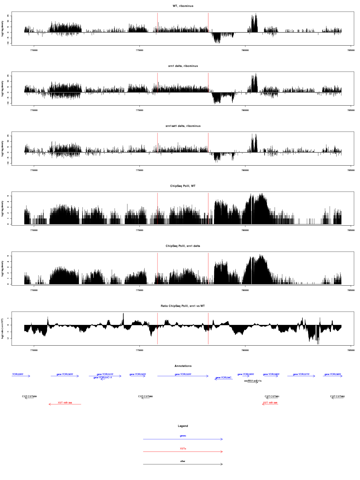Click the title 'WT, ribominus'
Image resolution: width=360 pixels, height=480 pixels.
[x=183, y=6]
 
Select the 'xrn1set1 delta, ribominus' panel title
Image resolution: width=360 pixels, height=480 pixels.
[x=183, y=126]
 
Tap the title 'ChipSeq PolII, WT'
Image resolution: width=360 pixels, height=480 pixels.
[x=183, y=186]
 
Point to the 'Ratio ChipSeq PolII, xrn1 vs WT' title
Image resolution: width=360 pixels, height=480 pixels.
[x=183, y=306]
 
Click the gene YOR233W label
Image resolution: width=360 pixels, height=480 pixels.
[x=183, y=374]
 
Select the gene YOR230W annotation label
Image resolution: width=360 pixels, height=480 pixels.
[x=65, y=374]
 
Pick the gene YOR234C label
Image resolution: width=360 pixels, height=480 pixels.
[x=223, y=378]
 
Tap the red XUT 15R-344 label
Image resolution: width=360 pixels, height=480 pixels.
[x=65, y=403]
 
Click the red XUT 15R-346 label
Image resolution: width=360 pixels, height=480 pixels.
[x=270, y=403]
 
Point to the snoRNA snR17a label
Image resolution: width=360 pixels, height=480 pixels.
[x=253, y=381]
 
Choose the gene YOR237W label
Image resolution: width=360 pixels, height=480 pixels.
[x=301, y=374]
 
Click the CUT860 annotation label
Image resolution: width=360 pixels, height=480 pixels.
[x=145, y=397]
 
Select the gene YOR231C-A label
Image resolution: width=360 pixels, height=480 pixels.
[x=103, y=378]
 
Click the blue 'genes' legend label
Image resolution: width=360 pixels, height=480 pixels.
[x=183, y=436]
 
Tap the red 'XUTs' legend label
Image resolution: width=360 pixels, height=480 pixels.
[x=183, y=448]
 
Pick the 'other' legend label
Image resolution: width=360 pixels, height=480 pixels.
[x=183, y=461]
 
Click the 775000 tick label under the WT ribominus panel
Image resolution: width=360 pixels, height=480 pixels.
[x=139, y=50]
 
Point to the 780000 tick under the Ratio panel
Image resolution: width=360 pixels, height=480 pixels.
[x=245, y=350]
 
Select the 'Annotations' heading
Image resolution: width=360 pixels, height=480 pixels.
[x=183, y=366]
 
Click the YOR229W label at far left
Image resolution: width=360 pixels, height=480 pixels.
[x=18, y=374]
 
